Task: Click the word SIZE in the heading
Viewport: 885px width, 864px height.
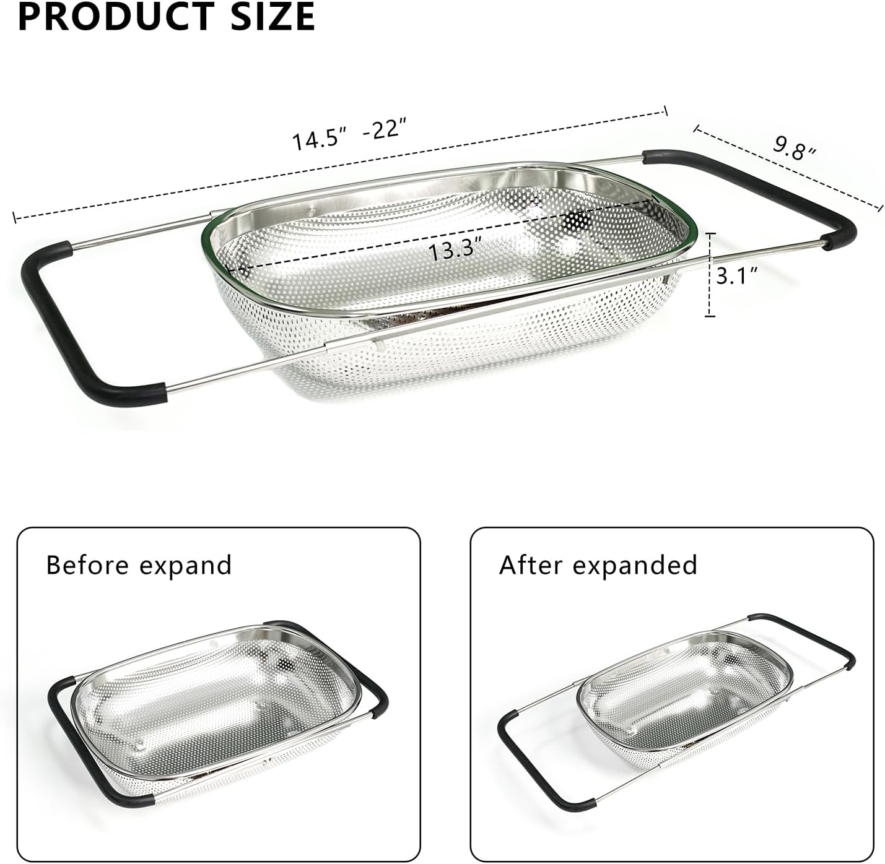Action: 273,17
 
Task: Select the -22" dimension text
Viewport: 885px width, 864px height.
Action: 385,130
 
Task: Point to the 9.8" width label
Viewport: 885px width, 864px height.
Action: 795,149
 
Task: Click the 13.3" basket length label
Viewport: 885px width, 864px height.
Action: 451,251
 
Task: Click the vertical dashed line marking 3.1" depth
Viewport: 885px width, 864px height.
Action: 710,275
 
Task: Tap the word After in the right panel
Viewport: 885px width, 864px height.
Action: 531,565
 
